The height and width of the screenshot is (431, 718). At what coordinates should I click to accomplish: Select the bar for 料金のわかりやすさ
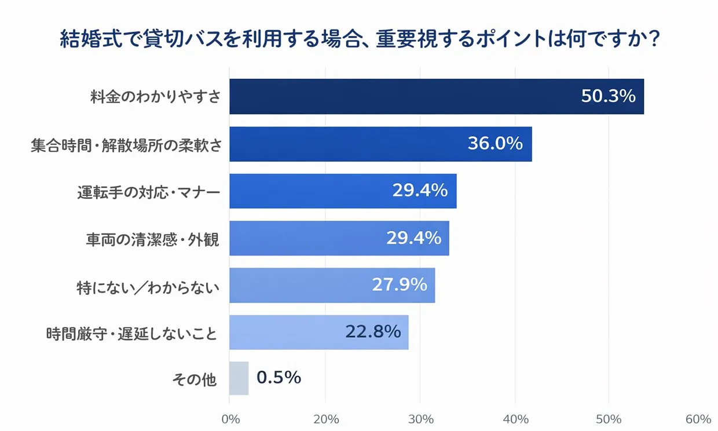pos(405,97)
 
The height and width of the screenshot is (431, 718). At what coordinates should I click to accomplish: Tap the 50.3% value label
pos(608,96)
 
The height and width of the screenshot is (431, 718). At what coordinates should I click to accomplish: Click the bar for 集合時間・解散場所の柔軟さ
pos(347,144)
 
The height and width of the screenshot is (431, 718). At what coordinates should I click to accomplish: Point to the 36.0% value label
pos(495,144)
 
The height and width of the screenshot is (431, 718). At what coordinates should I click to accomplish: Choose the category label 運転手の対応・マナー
pos(149,192)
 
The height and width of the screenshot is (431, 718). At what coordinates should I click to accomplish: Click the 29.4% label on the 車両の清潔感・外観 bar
pos(413,238)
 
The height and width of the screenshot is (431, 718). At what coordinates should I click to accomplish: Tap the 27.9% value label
pos(400,285)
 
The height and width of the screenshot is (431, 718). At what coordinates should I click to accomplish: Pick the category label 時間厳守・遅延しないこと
pos(132,334)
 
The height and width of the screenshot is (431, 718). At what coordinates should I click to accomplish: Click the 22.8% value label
pos(373,332)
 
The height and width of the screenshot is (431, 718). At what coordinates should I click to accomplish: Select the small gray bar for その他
pos(239,379)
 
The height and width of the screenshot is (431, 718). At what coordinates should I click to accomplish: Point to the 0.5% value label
pos(279,378)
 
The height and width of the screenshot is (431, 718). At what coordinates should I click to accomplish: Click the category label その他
pos(195,380)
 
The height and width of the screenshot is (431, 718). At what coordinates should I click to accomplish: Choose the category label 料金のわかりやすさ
pos(155,97)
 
